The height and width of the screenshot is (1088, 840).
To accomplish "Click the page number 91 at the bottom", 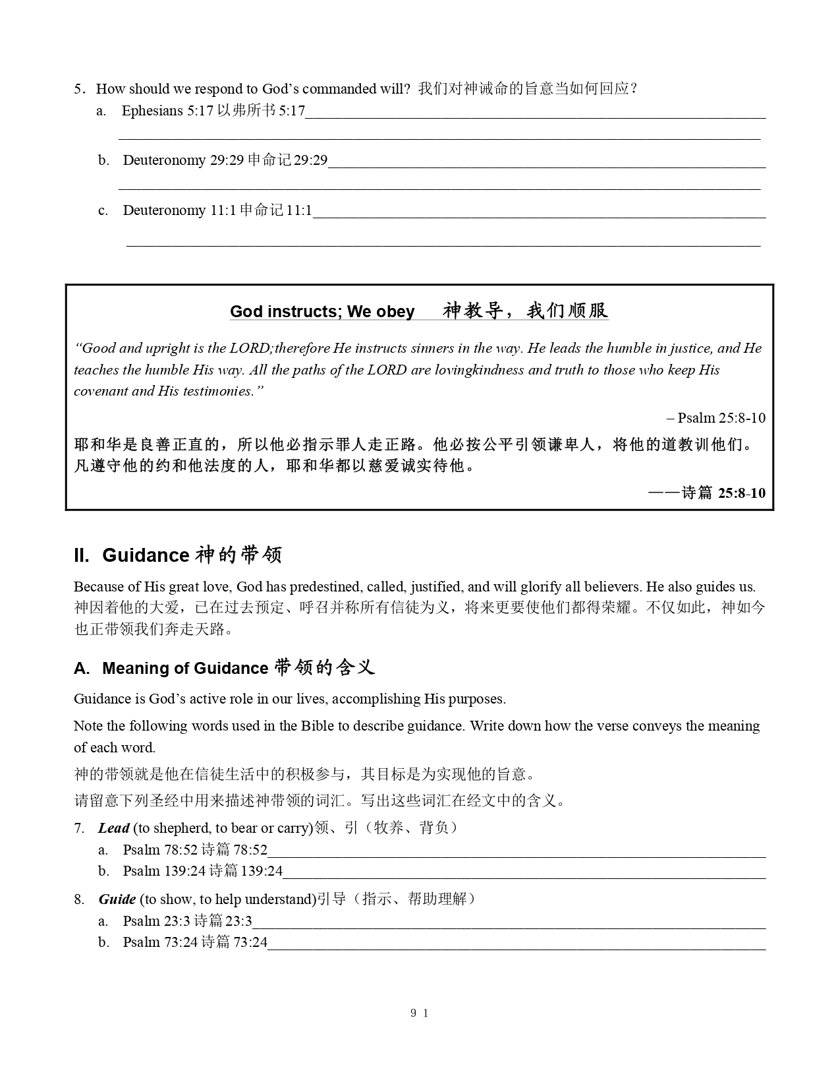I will coord(420,1013).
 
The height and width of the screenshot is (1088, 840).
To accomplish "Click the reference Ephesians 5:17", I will coord(167,111).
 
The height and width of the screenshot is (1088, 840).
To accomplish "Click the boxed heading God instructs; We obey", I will coord(322,311).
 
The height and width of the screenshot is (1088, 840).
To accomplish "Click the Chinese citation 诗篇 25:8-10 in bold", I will coord(723,493).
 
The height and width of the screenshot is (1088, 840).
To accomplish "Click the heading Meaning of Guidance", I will coord(184,669).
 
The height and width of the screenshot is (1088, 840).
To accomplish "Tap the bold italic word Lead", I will coord(113,828).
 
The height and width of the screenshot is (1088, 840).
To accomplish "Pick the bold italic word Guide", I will coord(117,899).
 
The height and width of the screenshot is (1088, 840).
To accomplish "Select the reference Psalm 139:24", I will coord(164,871).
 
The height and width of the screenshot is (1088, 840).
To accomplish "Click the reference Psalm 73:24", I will coord(160,942).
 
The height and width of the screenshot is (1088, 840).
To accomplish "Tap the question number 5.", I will coord(79,89).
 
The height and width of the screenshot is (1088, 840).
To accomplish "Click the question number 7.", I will coord(79,828).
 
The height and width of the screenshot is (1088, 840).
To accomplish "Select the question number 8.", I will coord(79,899).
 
